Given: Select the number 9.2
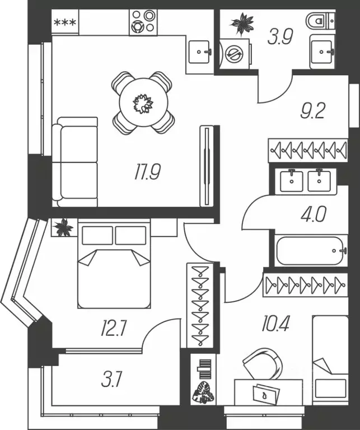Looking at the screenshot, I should pos(312,111).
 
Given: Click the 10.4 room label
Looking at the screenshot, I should pos(275,323).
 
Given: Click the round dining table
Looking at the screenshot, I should pos(143,102).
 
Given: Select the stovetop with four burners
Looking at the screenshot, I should pos(143,22).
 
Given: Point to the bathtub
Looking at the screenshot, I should pos(311,250).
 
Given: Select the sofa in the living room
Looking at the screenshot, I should pos(75,162).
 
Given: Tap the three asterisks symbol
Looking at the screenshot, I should pos(64,24).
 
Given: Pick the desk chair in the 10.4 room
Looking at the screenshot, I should pos(263,364).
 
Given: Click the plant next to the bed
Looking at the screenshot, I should pos(64,227).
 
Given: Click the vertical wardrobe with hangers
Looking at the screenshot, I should pos(200,305).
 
